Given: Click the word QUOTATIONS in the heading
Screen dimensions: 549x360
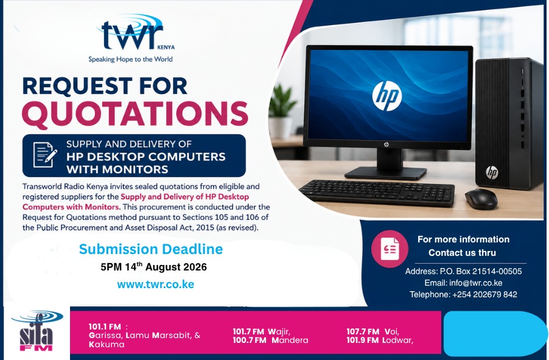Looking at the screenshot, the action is tap(135, 113).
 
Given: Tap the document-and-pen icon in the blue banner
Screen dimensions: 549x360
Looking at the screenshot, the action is tap(45, 155).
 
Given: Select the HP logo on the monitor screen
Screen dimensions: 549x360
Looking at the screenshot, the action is tap(387, 96).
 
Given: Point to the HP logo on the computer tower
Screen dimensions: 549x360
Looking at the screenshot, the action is tap(492, 172).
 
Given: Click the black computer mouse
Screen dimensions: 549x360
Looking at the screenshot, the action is tap(481, 199).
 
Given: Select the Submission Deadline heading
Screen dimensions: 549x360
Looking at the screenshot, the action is tap(151, 249).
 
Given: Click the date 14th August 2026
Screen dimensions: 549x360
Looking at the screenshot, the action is tap(166, 267).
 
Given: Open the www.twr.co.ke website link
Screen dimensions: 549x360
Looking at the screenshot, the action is tap(155, 284).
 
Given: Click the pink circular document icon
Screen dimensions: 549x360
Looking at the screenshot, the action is tap(390, 249).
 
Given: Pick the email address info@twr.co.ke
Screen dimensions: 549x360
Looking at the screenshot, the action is tap(476, 283).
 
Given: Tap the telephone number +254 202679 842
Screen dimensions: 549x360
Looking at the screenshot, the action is tap(484, 294).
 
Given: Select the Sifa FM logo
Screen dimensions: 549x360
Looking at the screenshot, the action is tap(37, 331).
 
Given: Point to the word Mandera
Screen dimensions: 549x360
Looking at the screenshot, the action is tap(290, 341).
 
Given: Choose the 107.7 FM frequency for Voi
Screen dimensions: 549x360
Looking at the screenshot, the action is tap(363, 331).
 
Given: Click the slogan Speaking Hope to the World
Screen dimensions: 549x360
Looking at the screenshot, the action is tap(130, 59).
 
